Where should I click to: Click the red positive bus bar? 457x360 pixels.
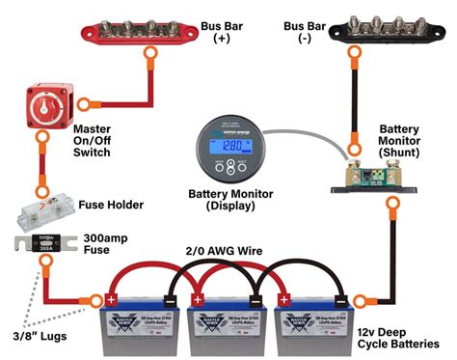click(x=142, y=23)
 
